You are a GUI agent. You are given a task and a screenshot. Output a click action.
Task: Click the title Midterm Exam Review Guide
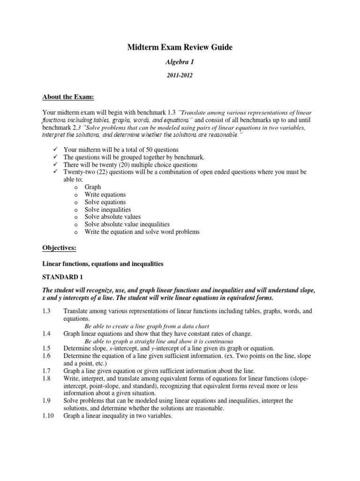[x=180, y=47]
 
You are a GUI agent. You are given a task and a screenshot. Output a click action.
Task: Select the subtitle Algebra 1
[x=180, y=62]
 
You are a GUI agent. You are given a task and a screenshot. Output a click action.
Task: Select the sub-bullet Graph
[x=93, y=187]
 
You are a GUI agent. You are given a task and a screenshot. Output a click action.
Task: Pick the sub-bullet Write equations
[x=105, y=194]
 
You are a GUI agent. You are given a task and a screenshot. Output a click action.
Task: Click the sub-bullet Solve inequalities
[x=107, y=209]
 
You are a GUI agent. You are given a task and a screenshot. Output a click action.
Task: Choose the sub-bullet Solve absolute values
[x=111, y=217]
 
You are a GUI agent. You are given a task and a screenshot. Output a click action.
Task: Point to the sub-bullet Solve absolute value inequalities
[x=127, y=225]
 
